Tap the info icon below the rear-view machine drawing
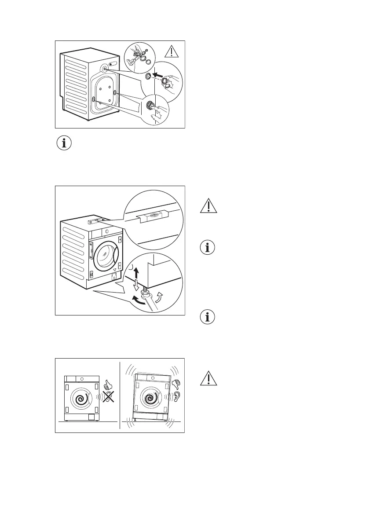65,143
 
